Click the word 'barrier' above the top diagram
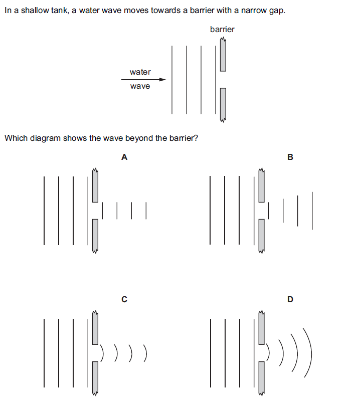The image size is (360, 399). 222,30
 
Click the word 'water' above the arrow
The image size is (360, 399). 140,72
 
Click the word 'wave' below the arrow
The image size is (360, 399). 140,86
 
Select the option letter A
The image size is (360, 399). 124,157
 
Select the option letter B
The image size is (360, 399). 290,157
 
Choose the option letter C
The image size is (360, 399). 124,300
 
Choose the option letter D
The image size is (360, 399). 290,300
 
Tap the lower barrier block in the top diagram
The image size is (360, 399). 223,104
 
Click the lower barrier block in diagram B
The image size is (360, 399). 261,236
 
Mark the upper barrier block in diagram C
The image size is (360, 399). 95,328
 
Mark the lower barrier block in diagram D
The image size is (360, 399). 261,377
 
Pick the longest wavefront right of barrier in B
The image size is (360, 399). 312,211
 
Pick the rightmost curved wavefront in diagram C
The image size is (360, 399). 146,353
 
